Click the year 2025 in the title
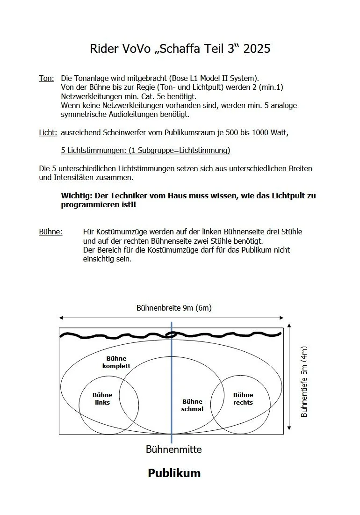coord(257,49)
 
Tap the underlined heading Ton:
coord(46,78)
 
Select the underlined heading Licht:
coord(48,133)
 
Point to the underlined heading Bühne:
coord(50,232)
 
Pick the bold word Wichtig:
coord(77,196)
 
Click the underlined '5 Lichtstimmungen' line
coord(145,151)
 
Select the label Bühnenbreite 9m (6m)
coord(174,308)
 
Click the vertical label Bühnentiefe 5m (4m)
coord(304,382)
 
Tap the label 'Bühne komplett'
coord(116,363)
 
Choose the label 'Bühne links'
coord(102,399)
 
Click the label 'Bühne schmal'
coord(192,405)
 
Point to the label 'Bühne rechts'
coord(243,399)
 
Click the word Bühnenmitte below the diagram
coord(174,450)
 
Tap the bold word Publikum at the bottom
coord(174,473)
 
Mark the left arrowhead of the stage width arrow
coord(61,318)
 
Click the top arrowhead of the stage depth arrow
coord(290,326)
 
